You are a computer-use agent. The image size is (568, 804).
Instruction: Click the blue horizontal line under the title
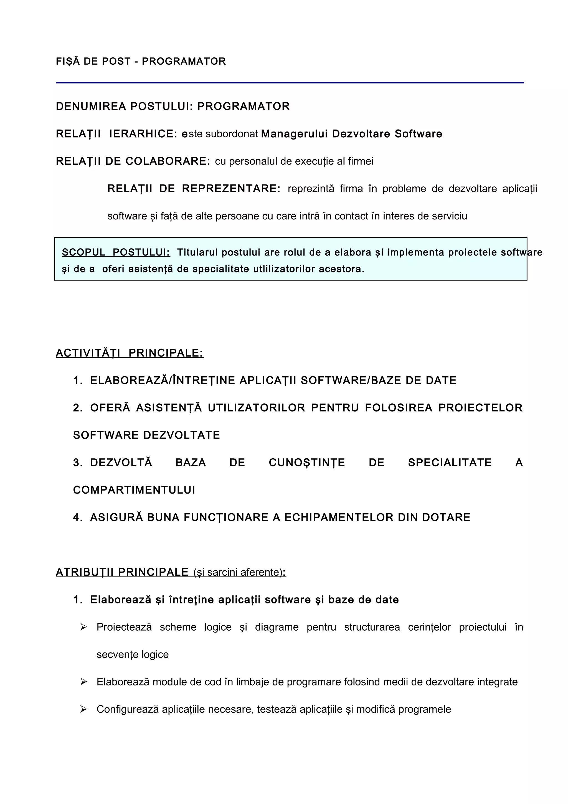(290, 83)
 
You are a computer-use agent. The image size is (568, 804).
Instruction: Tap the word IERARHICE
(143, 134)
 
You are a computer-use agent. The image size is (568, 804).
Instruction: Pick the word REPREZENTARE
(231, 189)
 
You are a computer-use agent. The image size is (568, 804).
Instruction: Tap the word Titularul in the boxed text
(197, 252)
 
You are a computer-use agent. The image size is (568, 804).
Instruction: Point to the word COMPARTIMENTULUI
(134, 490)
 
